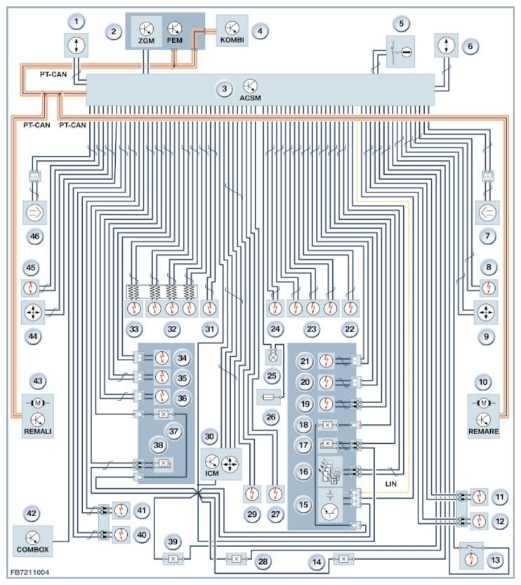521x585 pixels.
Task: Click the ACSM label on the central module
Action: tap(250, 98)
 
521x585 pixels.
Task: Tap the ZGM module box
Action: tap(146, 32)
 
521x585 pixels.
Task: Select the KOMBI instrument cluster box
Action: tap(232, 31)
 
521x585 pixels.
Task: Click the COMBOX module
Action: tap(32, 541)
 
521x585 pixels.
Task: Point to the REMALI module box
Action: tap(37, 416)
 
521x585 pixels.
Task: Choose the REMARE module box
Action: tap(483, 416)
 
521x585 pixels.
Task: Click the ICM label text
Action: tap(212, 473)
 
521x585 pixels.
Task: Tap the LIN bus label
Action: tap(391, 484)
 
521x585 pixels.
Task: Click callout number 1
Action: tap(77, 22)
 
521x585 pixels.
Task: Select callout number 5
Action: tap(402, 24)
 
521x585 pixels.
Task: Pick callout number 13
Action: tap(495, 560)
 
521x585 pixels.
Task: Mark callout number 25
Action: tap(272, 376)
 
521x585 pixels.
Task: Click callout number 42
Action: tap(32, 513)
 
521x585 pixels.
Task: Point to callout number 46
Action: tap(34, 236)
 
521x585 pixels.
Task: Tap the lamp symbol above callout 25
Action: tap(273, 357)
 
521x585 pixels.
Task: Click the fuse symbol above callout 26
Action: tap(268, 397)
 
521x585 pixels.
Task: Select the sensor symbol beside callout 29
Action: tap(252, 494)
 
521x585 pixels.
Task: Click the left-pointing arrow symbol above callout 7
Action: tap(487, 213)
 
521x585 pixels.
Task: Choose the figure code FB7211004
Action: tap(29, 572)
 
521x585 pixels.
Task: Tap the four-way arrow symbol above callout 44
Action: tap(33, 312)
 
